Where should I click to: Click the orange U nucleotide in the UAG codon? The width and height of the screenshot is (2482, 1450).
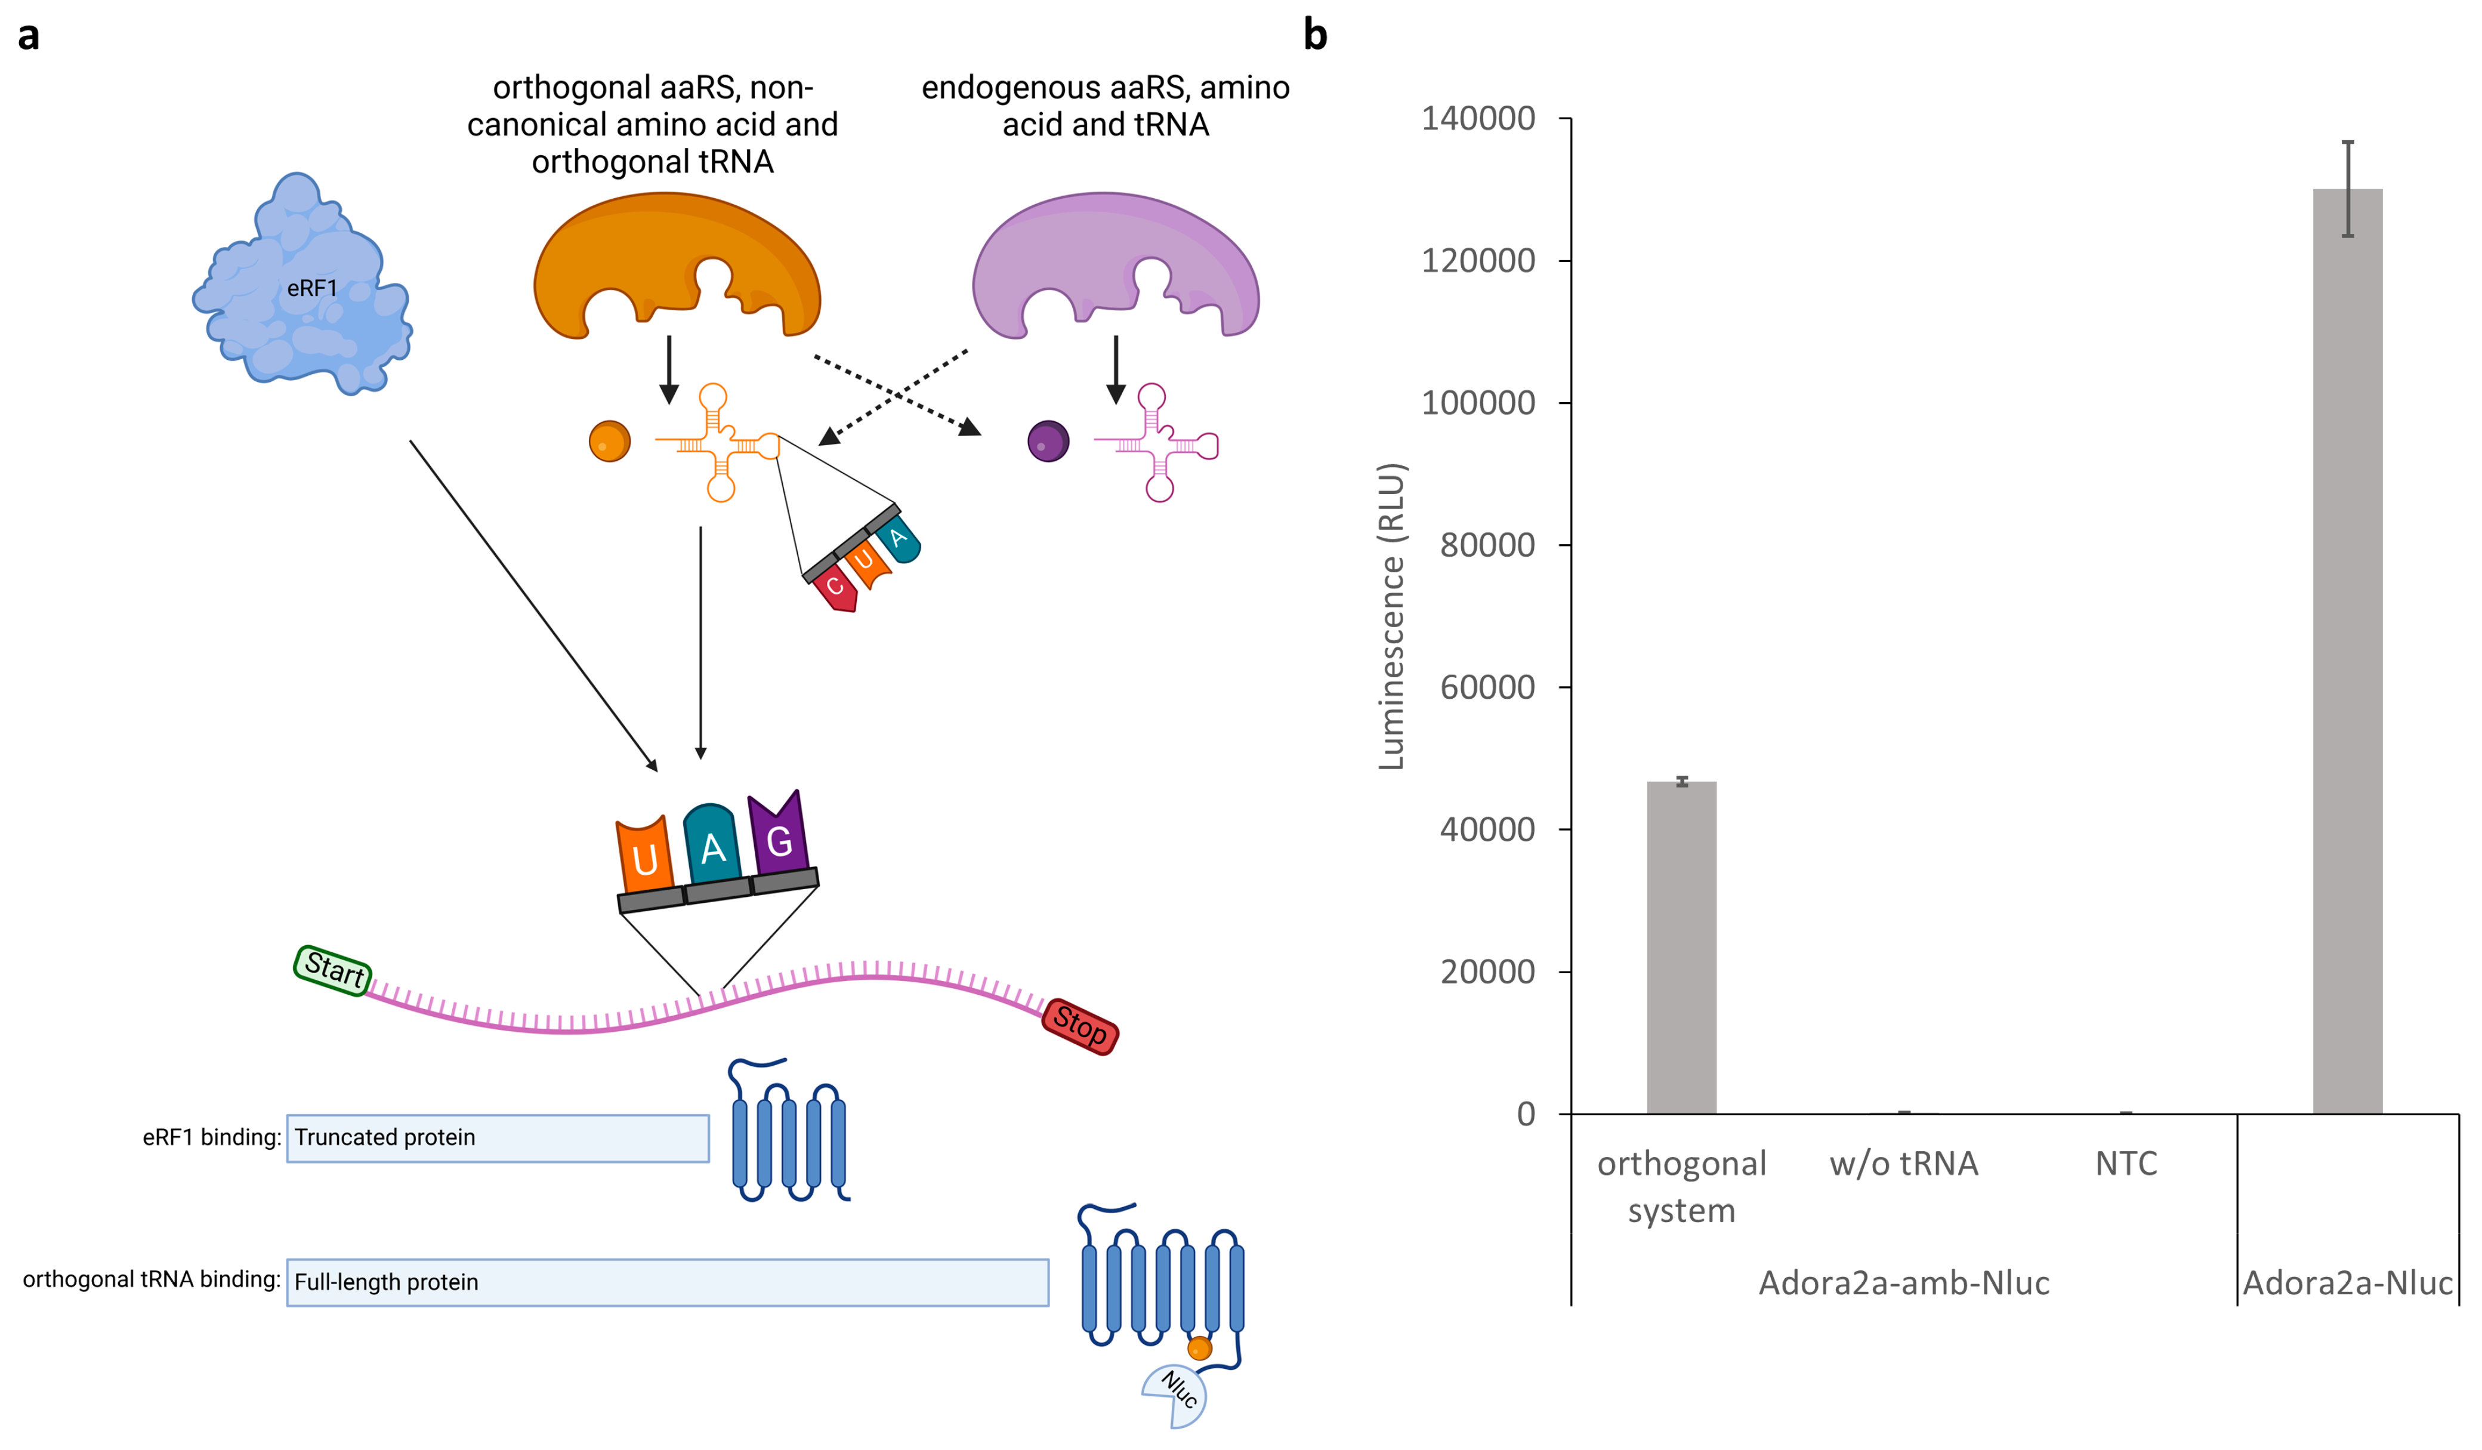click(x=644, y=855)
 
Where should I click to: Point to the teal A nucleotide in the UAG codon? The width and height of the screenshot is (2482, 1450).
click(x=711, y=845)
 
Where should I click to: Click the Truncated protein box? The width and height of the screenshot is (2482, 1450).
click(x=498, y=1138)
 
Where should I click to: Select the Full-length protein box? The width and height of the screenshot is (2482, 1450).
click(x=667, y=1282)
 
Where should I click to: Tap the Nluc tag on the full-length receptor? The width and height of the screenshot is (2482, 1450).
click(x=1175, y=1393)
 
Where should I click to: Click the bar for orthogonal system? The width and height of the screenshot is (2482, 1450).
click(x=1681, y=946)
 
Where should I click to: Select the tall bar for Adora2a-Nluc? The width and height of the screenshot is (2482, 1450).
click(x=2347, y=650)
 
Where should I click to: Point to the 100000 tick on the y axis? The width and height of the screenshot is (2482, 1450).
click(x=1477, y=403)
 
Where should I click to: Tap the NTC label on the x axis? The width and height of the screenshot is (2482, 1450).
click(x=2125, y=1164)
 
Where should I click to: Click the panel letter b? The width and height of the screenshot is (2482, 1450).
click(x=1315, y=35)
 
